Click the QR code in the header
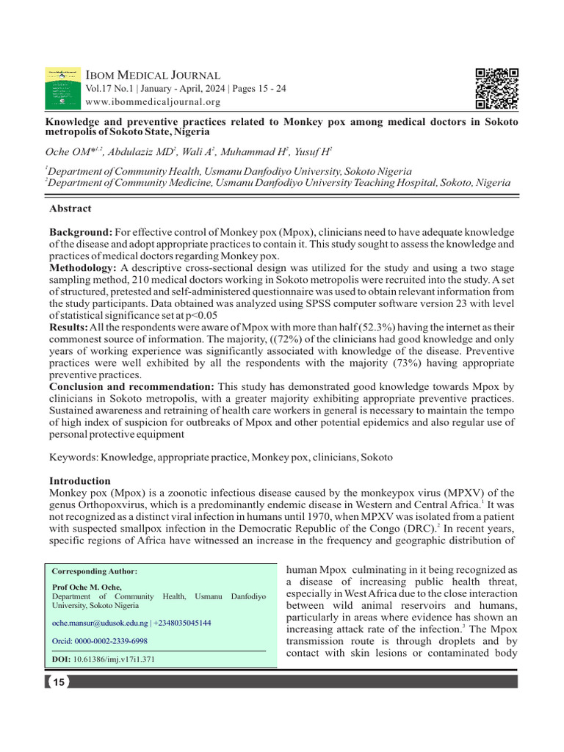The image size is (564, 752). tap(497, 88)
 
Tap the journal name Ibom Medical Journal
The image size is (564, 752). tap(153, 75)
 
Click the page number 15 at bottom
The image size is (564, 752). tap(58, 682)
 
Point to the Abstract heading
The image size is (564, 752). tap(70, 209)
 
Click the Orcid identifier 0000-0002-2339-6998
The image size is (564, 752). tap(105, 640)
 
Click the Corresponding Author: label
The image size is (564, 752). tap(95, 571)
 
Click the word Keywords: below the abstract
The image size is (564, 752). tap(73, 457)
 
